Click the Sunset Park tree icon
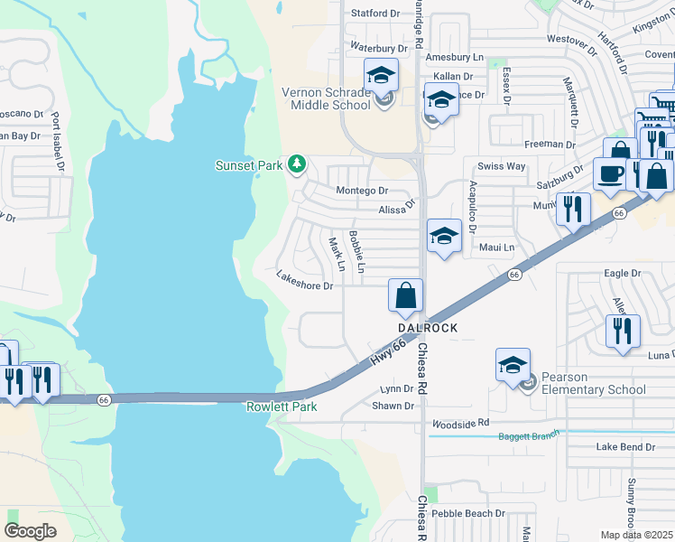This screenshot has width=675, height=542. (x=296, y=164)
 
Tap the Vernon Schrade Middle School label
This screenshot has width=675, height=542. (x=326, y=98)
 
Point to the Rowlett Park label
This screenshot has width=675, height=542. (x=282, y=407)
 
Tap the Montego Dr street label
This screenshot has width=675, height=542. (x=361, y=191)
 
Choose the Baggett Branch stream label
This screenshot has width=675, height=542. (x=529, y=437)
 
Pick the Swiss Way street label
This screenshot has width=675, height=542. (x=501, y=166)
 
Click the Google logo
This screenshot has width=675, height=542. (x=31, y=530)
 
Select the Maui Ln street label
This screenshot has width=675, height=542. (x=496, y=247)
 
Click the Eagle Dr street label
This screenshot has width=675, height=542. (x=622, y=272)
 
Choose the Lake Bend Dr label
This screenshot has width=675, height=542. (x=625, y=447)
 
